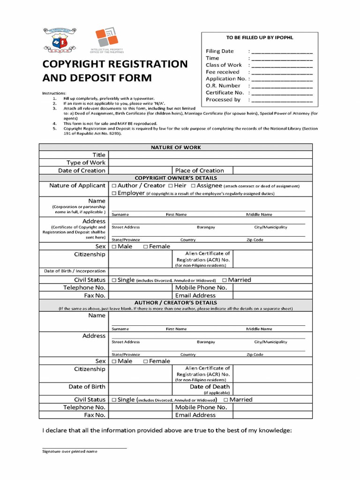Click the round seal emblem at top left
pos(60,39)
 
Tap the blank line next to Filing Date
pos(282,52)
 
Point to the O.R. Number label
pos(223,86)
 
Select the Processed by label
pos(223,99)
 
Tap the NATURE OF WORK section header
pos(176,147)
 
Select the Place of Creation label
pos(199,171)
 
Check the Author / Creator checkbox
pos(114,186)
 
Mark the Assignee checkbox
pos(193,186)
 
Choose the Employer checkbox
pos(114,194)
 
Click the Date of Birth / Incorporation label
pos(75,271)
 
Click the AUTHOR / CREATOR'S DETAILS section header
pos(176,303)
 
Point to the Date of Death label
pos(210,387)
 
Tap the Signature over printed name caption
pos(70,451)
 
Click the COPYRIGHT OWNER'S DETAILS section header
pos(176,178)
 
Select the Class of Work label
pos(224,65)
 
